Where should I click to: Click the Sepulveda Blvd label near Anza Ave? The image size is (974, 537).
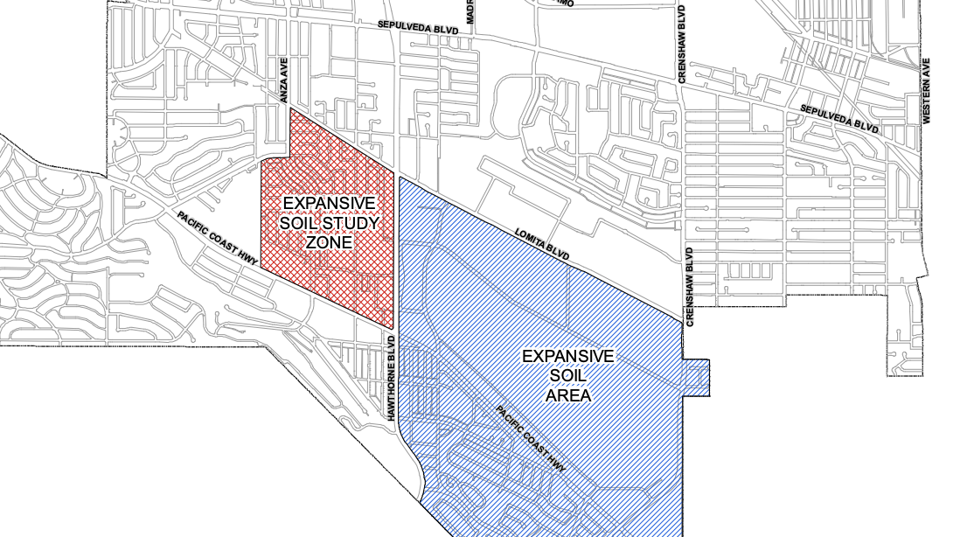(418, 28)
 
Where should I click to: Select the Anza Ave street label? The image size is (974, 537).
(283, 80)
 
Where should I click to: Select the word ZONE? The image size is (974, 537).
(329, 241)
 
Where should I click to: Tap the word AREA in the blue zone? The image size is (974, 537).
(568, 395)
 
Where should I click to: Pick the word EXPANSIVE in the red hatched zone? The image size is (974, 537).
(329, 204)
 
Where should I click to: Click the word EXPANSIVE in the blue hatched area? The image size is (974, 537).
(568, 357)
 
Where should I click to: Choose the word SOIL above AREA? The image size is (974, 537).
(568, 376)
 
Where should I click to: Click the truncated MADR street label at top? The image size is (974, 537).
(470, 11)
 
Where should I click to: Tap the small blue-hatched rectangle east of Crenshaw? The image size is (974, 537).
(696, 378)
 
